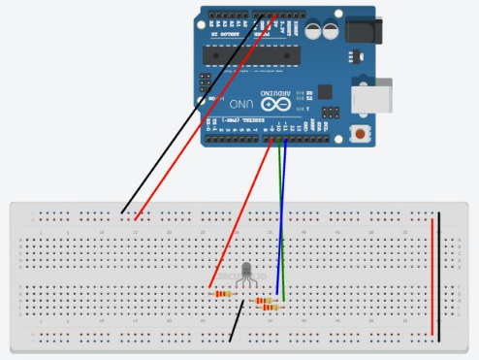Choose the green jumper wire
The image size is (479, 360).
point(278,194)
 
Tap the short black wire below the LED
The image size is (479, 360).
point(236,321)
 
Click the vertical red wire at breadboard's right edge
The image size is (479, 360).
point(432,277)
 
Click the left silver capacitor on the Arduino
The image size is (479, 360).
point(315,30)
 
